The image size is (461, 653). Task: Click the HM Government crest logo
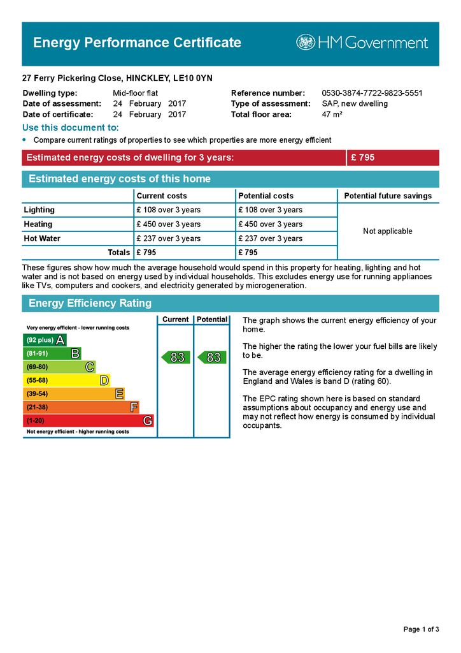point(306,43)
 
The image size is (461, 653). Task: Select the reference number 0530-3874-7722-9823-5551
point(372,93)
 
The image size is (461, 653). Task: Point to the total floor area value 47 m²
point(332,115)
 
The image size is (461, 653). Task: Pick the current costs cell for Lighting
point(168,210)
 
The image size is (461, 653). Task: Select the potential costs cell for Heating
point(270,224)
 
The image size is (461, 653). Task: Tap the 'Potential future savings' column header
point(388,196)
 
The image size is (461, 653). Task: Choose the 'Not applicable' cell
point(388,231)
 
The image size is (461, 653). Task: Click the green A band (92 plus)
point(45,340)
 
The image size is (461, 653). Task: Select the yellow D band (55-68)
point(66,381)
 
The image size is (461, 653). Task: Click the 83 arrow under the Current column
point(176,358)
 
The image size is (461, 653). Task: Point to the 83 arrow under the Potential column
point(212,358)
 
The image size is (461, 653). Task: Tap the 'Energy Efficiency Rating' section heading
point(90,304)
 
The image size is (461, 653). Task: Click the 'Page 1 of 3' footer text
point(421,629)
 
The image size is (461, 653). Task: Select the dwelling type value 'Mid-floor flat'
point(135,93)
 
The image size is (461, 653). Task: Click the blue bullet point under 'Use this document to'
point(25,140)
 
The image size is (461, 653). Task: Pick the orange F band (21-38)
point(81,407)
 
